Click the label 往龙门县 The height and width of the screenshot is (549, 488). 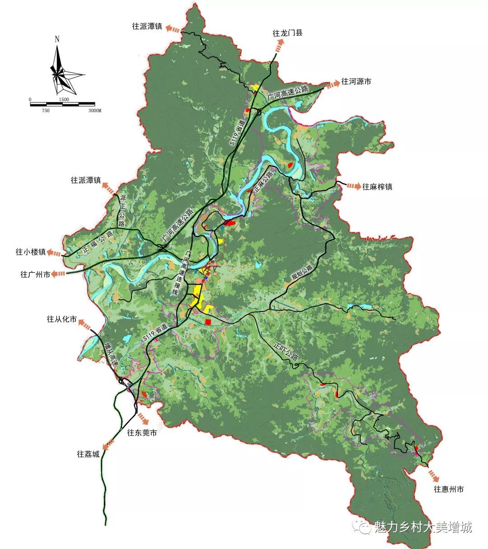(x=287, y=33)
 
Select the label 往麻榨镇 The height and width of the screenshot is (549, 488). (x=377, y=186)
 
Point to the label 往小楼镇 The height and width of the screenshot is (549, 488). (x=31, y=252)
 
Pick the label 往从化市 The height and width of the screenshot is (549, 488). (x=62, y=319)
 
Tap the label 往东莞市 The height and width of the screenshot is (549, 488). (x=142, y=433)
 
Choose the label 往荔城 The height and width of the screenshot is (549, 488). (x=88, y=454)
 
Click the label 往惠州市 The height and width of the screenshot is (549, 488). (x=449, y=489)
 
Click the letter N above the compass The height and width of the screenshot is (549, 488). (x=57, y=39)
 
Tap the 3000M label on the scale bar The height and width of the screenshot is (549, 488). (x=94, y=111)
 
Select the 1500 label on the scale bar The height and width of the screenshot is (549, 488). (x=64, y=99)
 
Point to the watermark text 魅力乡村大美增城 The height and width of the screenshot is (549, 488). (x=423, y=527)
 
